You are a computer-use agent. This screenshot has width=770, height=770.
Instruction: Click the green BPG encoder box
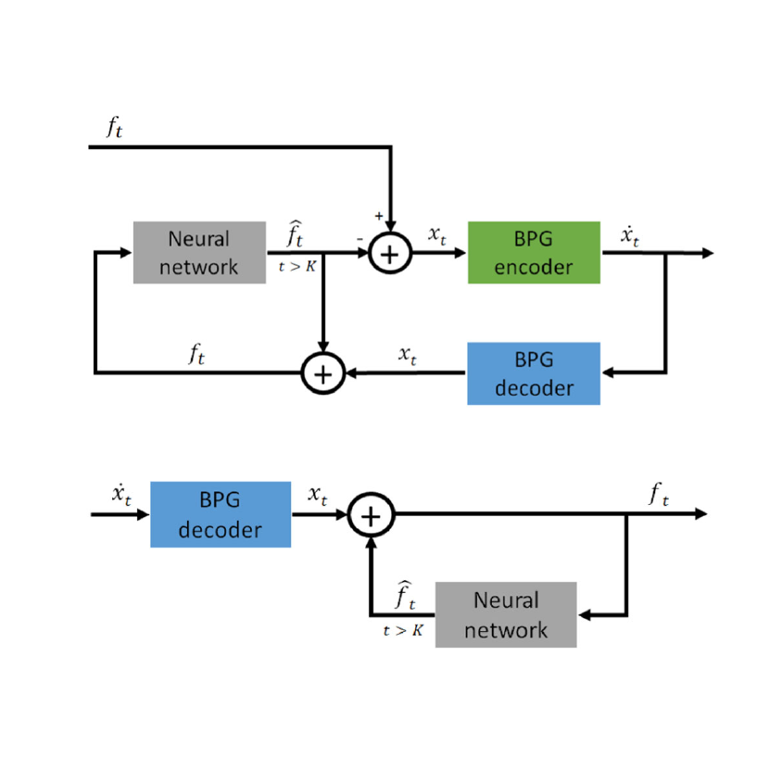click(534, 253)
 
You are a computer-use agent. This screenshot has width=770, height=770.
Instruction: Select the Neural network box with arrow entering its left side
click(199, 253)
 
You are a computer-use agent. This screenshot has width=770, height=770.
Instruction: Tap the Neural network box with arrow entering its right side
click(505, 613)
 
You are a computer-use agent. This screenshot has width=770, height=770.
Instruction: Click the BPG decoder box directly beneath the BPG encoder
click(534, 373)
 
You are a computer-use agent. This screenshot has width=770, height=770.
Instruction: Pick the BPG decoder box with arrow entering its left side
click(221, 514)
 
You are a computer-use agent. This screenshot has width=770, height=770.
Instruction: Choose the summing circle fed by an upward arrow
click(371, 515)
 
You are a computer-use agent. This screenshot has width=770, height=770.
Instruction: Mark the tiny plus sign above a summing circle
click(379, 216)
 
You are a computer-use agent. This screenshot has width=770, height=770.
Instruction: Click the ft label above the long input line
click(114, 129)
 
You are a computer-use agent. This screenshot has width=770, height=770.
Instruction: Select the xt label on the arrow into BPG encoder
click(437, 235)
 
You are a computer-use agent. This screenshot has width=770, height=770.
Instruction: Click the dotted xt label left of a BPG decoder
click(121, 495)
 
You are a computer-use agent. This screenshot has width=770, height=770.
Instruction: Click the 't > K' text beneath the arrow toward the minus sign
click(297, 268)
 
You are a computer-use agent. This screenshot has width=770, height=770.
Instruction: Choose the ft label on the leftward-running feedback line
click(196, 355)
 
